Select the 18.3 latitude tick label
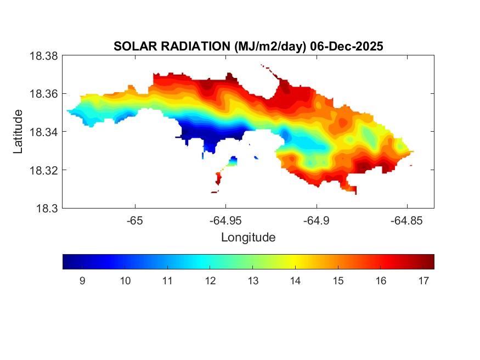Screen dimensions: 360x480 (46, 208)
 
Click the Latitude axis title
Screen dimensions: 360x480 (18, 132)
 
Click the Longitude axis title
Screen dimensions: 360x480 (248, 238)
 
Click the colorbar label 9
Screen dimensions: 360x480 (82, 281)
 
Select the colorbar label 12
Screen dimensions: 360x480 (210, 281)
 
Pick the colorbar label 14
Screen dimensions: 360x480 (295, 281)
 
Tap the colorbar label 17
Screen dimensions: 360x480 (423, 281)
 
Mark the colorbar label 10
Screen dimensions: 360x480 (125, 281)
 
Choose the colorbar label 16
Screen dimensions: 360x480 (380, 281)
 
